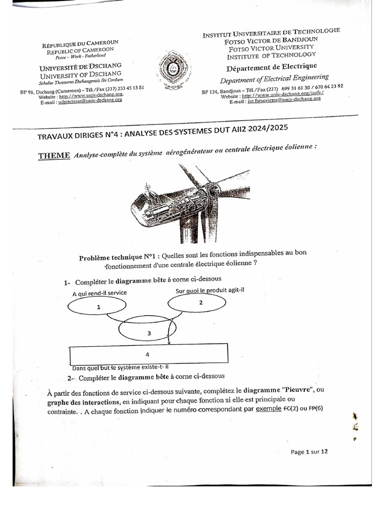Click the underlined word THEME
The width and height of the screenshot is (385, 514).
coord(54,156)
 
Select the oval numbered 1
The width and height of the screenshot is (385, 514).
coord(99,307)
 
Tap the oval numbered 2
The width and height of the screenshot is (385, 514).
coord(201,303)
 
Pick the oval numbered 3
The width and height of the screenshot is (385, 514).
coord(149,333)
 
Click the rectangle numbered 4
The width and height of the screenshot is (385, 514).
coord(147,354)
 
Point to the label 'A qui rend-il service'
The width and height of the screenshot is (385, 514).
coord(100,293)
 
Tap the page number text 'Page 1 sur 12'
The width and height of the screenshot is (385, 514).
coord(309,452)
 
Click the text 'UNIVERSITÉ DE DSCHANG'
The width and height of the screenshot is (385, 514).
coord(81,67)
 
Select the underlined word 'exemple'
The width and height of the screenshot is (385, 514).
coord(269,409)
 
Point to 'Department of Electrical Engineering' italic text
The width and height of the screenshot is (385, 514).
coord(274,78)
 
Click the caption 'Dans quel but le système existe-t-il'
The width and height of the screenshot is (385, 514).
coord(120,367)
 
